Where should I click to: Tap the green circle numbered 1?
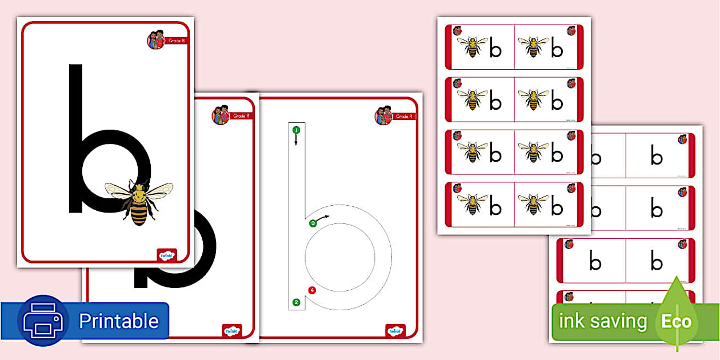(296, 130)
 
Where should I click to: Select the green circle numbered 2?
(296, 302)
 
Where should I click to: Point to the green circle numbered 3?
(313, 223)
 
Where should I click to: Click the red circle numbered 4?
(312, 290)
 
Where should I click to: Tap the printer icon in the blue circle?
(43, 321)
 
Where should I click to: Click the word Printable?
(118, 321)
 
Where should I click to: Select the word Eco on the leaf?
(677, 321)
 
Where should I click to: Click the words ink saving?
(603, 321)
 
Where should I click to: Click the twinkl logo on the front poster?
(167, 255)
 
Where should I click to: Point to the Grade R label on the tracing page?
(403, 117)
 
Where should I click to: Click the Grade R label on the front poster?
(176, 41)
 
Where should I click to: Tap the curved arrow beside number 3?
(323, 217)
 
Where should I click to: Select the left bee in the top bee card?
(473, 47)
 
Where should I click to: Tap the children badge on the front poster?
(156, 40)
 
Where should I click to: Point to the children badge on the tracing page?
(383, 115)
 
